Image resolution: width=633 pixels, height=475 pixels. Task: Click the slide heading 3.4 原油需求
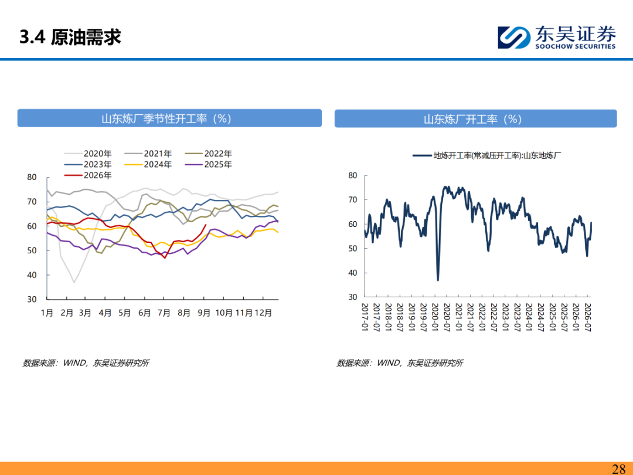click(x=70, y=37)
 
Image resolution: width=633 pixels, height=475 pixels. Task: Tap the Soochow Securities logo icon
click(x=514, y=38)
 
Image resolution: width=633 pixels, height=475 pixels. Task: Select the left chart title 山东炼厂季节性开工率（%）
click(x=166, y=118)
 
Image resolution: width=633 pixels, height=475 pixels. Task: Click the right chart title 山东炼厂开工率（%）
click(x=473, y=119)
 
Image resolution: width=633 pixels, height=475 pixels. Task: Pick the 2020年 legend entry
click(x=87, y=154)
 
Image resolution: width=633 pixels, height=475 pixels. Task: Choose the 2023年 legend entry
click(x=87, y=164)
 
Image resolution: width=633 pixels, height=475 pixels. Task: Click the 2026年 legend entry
click(x=87, y=175)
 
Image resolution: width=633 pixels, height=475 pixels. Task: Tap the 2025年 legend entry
click(x=208, y=164)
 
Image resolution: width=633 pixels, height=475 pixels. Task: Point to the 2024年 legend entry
click(x=148, y=164)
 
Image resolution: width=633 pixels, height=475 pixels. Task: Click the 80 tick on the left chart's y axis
click(x=32, y=177)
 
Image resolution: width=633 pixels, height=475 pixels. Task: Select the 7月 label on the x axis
click(x=164, y=313)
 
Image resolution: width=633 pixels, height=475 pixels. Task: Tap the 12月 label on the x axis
click(x=264, y=313)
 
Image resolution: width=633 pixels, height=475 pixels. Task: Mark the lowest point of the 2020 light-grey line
click(x=74, y=282)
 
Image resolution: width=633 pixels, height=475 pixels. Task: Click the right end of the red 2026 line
click(x=206, y=225)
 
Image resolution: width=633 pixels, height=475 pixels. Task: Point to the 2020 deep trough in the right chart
click(x=438, y=280)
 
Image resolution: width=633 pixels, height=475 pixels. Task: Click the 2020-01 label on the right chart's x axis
click(x=435, y=317)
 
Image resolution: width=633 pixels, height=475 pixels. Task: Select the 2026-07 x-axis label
click(x=587, y=317)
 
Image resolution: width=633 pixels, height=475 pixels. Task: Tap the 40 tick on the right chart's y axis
click(x=353, y=273)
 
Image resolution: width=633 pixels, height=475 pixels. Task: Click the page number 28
click(x=619, y=469)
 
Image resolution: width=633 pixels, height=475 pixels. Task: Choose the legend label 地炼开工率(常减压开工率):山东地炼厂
click(x=498, y=155)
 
